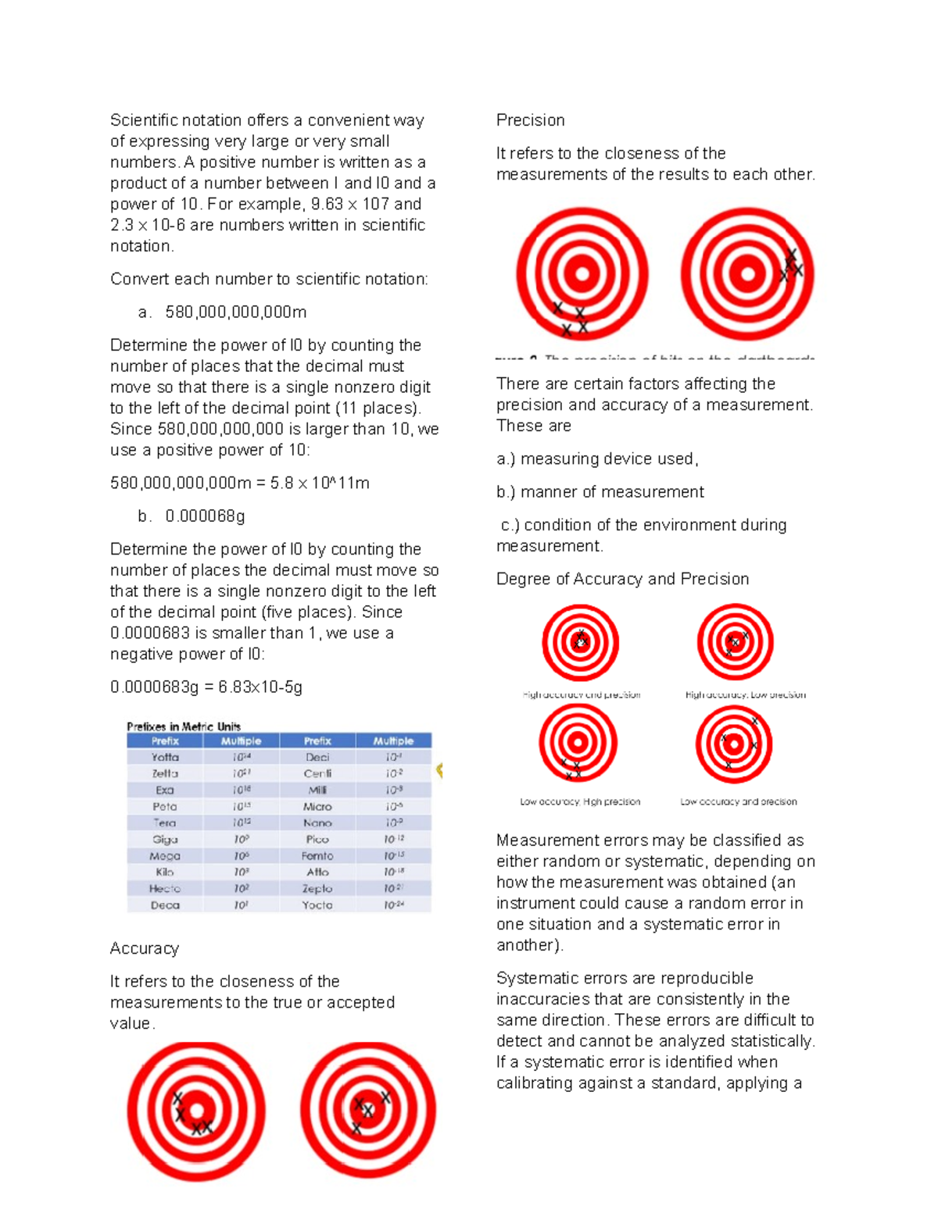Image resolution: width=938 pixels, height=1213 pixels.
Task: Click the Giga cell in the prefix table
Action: pos(165,840)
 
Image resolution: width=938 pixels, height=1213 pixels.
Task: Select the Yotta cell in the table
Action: pos(165,758)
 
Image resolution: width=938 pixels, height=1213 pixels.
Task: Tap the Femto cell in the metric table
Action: pos(317,856)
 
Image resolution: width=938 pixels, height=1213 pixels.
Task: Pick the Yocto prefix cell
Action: pos(317,905)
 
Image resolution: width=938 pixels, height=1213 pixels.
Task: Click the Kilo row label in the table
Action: pos(165,872)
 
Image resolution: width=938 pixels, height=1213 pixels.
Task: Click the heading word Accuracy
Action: pos(145,948)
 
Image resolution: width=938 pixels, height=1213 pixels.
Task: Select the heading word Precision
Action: pos(530,120)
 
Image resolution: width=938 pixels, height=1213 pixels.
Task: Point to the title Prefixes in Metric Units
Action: pos(184,726)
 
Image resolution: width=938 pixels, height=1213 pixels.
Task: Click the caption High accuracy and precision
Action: pos(582,694)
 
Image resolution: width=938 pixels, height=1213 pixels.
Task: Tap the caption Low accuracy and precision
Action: pos(739,801)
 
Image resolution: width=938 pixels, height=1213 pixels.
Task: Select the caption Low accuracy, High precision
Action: pos(580,801)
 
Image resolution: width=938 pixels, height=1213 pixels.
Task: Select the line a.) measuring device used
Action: pos(597,459)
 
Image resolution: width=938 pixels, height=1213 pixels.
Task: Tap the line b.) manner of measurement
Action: pos(600,492)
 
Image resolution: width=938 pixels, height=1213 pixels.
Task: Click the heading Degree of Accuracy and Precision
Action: pos(622,579)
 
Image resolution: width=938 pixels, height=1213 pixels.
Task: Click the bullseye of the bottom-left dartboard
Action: pos(196,1110)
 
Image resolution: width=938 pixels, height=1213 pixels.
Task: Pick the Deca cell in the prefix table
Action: pos(165,905)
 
